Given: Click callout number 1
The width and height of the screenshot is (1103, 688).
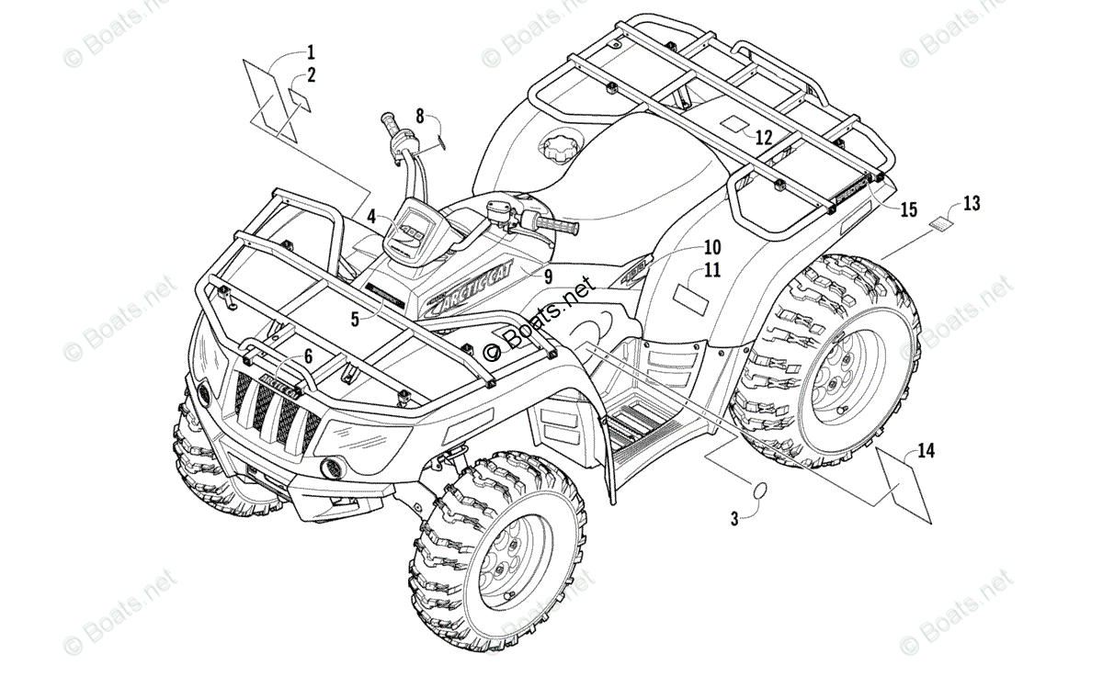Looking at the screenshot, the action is coord(311,51).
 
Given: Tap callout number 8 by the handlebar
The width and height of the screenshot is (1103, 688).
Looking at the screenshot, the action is coord(420,117).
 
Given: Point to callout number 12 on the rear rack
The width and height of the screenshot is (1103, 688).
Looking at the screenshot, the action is coord(763,139).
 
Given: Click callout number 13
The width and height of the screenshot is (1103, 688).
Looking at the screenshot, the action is coord(972,204).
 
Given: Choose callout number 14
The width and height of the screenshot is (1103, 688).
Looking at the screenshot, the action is coord(926,450).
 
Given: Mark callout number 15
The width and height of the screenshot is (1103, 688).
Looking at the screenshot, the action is coord(908,210).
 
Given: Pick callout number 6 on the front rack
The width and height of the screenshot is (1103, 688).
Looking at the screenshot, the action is coord(308,355).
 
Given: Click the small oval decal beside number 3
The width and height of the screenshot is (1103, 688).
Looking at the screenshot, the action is coord(762,491).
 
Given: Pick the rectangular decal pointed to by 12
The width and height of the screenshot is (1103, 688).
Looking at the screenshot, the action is coord(734,124).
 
